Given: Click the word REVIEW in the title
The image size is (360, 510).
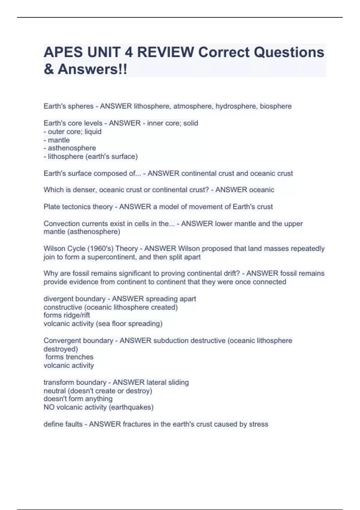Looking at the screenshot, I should (166, 52).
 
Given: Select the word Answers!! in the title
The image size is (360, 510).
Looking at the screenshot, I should (92, 69).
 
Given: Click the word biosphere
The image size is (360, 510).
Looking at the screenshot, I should (275, 106).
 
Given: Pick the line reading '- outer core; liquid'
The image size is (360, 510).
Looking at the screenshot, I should (73, 132).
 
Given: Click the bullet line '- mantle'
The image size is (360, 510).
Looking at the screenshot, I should (57, 140).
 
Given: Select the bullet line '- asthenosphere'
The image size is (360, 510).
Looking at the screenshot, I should (70, 148).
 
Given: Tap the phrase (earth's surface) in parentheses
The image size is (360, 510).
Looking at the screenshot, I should (112, 157).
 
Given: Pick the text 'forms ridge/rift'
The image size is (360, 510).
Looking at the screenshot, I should (67, 315).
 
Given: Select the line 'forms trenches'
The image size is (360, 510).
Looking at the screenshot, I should (69, 357).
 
